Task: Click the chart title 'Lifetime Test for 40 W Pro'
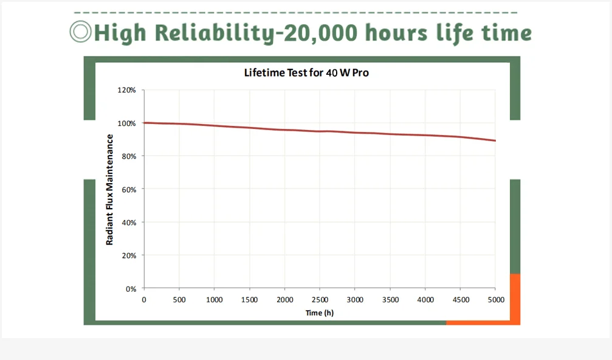(x=306, y=73)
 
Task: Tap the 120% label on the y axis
(x=127, y=90)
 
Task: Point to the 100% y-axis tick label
(x=127, y=123)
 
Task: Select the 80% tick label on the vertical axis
(x=128, y=156)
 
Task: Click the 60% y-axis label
(x=128, y=189)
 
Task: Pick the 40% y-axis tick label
(x=128, y=223)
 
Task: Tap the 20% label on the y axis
(x=128, y=255)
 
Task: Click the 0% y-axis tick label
(x=130, y=289)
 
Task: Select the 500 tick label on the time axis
(x=179, y=300)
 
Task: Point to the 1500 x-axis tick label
(x=249, y=300)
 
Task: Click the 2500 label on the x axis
(x=320, y=300)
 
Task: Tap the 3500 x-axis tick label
(x=390, y=300)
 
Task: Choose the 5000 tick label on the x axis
(x=495, y=300)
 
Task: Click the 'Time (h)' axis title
(x=320, y=313)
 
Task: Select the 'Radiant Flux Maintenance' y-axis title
(x=110, y=190)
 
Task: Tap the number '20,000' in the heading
(x=318, y=33)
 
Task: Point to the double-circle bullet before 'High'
(x=80, y=32)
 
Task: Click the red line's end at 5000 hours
(x=495, y=141)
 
